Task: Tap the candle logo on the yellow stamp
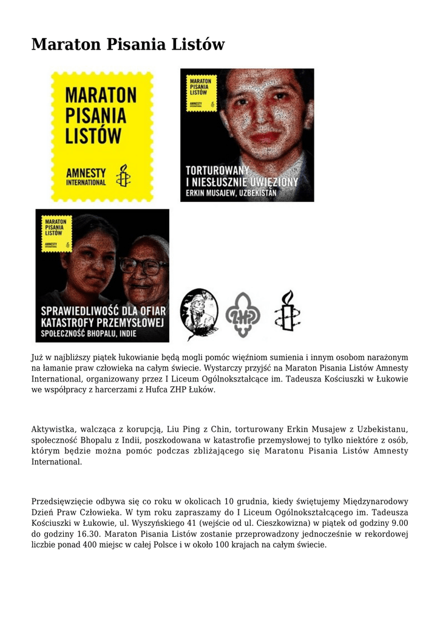tap(124, 175)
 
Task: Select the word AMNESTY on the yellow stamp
tap(86, 172)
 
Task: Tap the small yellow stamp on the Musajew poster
tap(199, 92)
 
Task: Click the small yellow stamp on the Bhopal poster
tap(54, 233)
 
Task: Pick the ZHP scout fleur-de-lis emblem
tap(242, 314)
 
